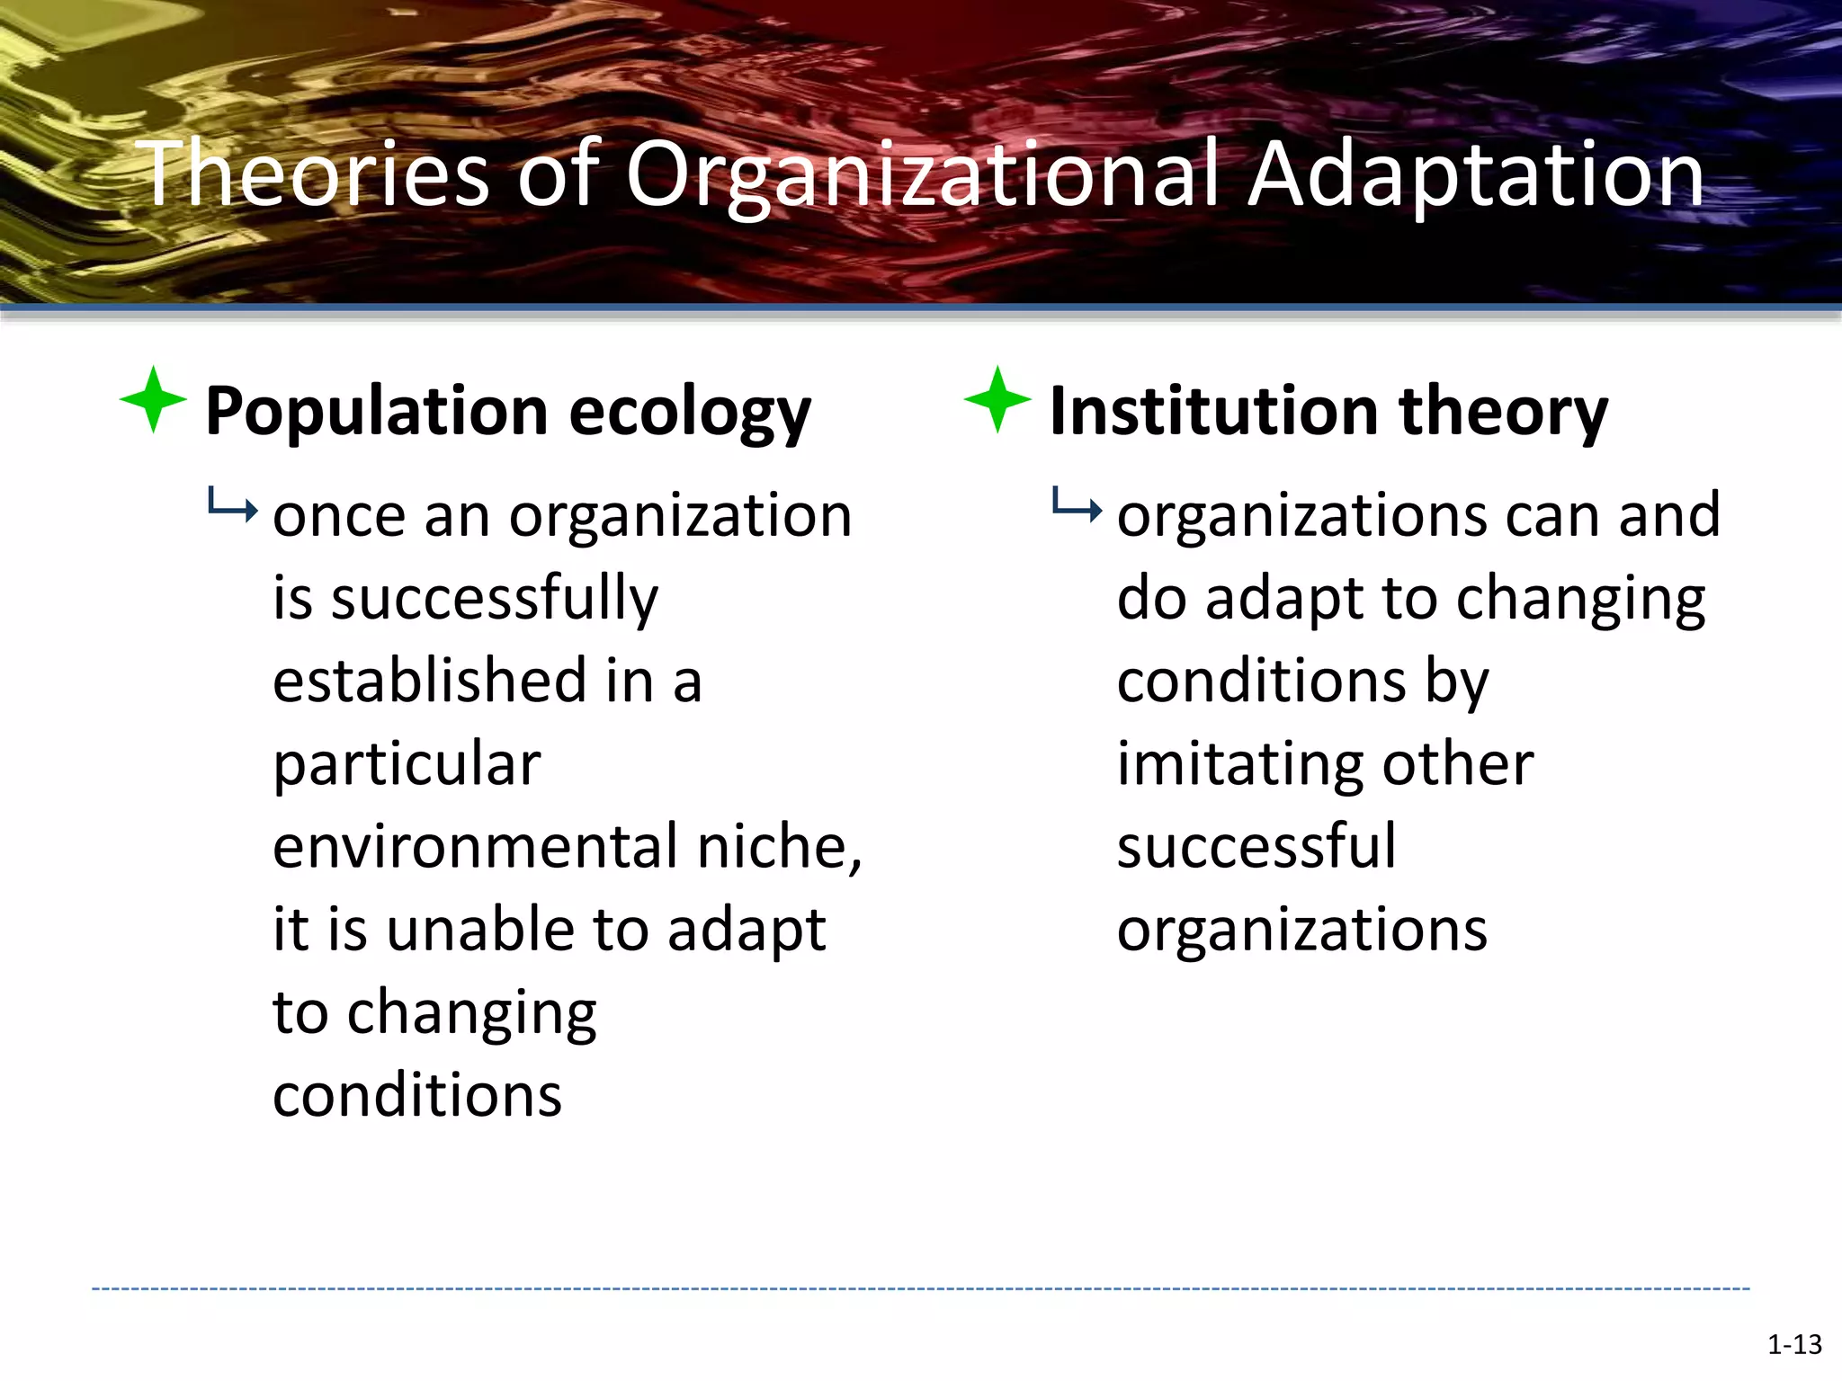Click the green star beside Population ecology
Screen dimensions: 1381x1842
[x=153, y=400]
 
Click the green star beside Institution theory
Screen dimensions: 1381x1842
[x=997, y=400]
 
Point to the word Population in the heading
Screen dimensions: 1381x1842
[x=376, y=412]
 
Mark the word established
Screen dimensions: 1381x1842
[x=430, y=681]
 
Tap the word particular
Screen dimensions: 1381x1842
[x=407, y=764]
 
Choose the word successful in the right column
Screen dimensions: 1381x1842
[x=1256, y=847]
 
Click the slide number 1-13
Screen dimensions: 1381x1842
[x=1794, y=1344]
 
